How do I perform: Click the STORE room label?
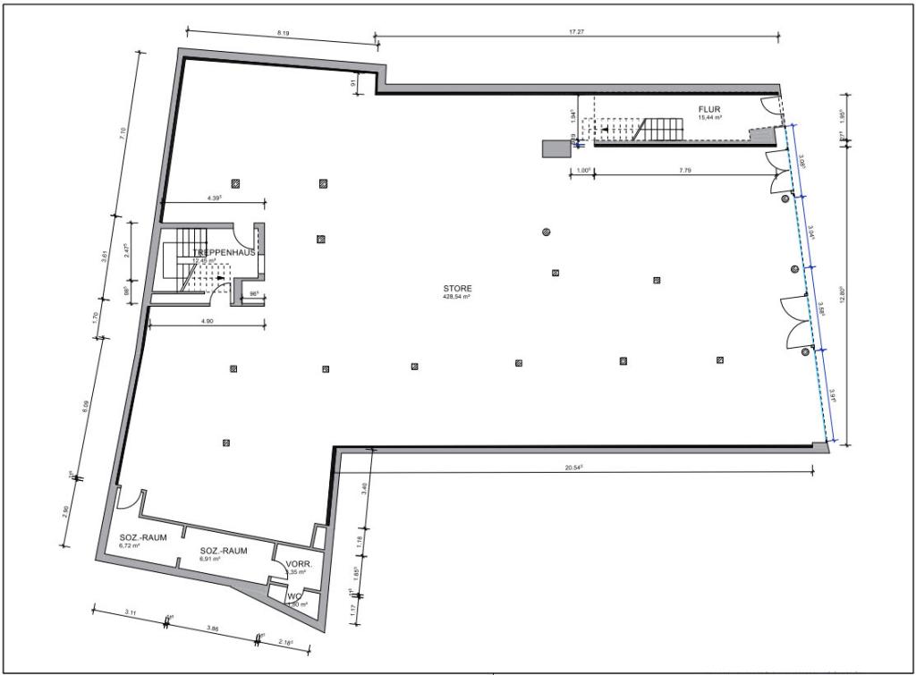pyautogui.click(x=457, y=289)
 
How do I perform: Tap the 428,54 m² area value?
pyautogui.click(x=457, y=298)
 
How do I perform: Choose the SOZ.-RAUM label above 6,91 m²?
pyautogui.click(x=224, y=551)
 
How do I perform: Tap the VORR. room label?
pyautogui.click(x=298, y=565)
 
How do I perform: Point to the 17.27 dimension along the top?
pyautogui.click(x=576, y=32)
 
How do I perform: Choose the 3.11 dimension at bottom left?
pyautogui.click(x=130, y=612)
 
